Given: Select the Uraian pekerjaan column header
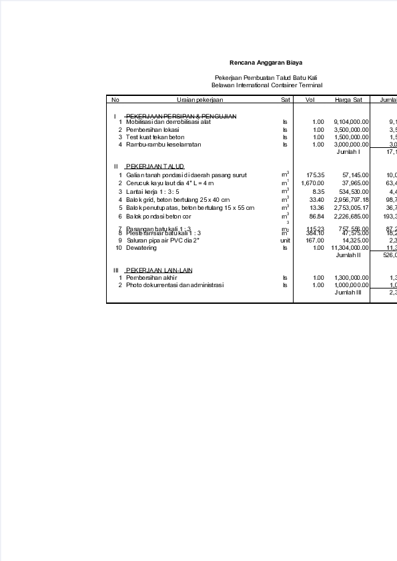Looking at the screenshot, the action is click(195, 99).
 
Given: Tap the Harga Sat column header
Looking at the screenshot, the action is click(348, 99).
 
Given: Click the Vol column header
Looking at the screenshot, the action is click(310, 99).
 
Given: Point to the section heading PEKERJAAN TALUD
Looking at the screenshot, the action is click(155, 166).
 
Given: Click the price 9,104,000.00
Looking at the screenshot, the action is click(351, 122).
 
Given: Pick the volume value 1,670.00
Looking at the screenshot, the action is click(313, 183).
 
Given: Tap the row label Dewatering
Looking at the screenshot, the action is click(141, 248).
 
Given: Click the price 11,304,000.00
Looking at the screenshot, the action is click(350, 248).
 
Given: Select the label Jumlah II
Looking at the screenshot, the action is click(348, 255).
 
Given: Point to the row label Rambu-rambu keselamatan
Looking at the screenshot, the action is click(163, 144).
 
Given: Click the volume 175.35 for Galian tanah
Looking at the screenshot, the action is click(315, 175).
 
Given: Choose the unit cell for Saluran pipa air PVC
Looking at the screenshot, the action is click(285, 241).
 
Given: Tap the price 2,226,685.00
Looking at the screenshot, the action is click(351, 217).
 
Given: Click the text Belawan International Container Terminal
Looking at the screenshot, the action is click(266, 85).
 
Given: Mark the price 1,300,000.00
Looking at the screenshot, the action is click(351, 278).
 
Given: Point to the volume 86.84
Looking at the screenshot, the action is click(316, 217).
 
